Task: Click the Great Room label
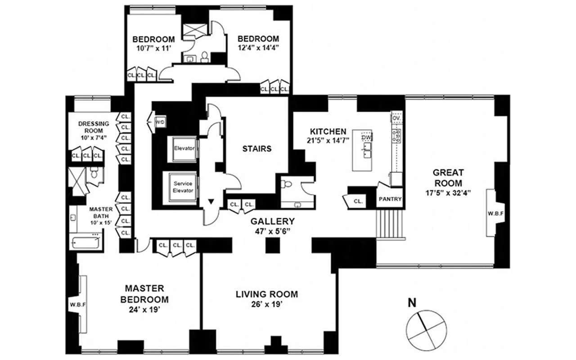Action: pos(448,178)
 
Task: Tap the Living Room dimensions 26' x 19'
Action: pos(267,305)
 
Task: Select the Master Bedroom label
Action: pos(144,294)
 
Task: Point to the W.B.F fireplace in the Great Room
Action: pos(495,213)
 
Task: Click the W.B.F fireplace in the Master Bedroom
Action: pos(78,305)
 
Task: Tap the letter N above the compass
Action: pos(412,303)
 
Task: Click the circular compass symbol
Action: pos(426,330)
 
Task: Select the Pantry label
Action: pos(390,199)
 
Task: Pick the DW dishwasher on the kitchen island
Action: pos(367,138)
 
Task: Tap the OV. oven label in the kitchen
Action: pos(396,118)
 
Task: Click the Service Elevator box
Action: pos(183,187)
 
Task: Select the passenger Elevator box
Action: pos(184,148)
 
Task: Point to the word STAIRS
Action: pos(257,148)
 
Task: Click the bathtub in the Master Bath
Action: pos(85,242)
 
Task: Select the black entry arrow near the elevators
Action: pos(211,202)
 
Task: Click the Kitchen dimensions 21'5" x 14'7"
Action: pos(328,140)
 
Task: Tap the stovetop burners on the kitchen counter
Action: pos(396,136)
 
